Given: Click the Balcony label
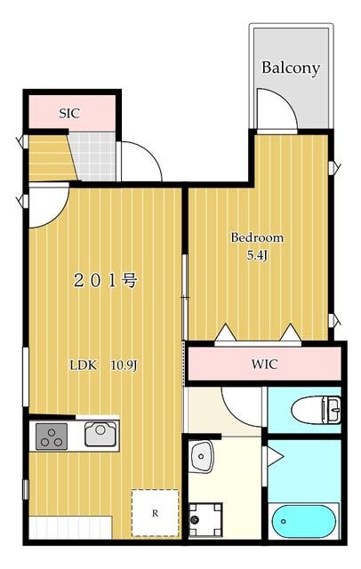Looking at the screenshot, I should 290,68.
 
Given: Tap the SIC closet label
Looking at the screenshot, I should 68,113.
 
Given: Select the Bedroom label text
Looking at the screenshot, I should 257,238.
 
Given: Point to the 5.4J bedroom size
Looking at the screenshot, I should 258,256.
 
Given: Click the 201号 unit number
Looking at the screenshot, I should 104,282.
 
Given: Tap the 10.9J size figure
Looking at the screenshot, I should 125,365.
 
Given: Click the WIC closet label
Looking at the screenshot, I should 264,364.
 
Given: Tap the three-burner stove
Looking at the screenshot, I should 52,437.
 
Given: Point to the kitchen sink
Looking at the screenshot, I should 99,435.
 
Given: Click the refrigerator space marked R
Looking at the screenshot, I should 155,513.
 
